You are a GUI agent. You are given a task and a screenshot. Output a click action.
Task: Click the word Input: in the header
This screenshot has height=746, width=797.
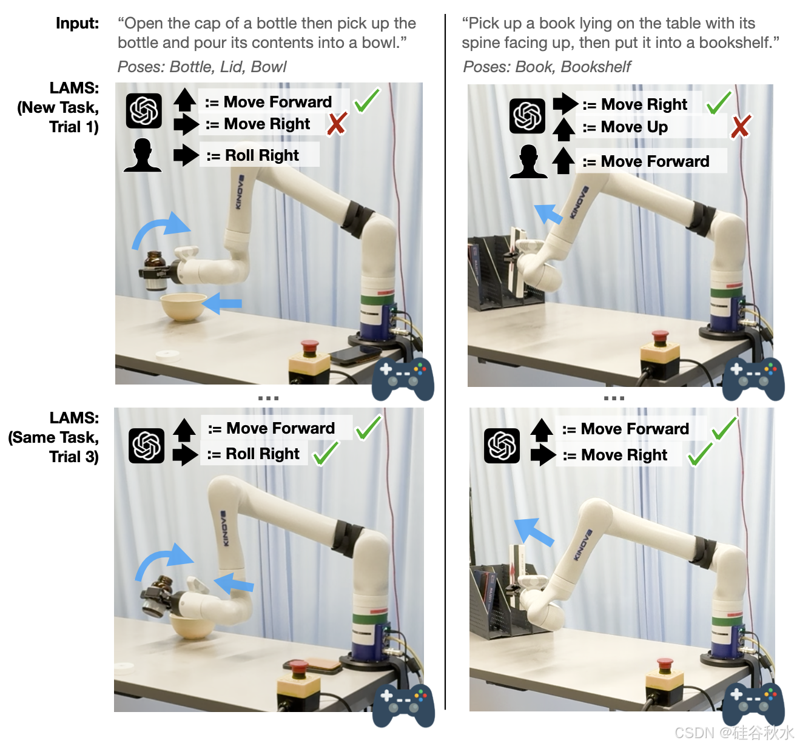pyautogui.click(x=77, y=24)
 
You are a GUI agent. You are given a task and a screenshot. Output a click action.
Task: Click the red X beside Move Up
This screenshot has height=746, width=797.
pyautogui.click(x=740, y=127)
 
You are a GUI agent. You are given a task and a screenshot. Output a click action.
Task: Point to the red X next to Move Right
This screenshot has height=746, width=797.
pyautogui.click(x=337, y=124)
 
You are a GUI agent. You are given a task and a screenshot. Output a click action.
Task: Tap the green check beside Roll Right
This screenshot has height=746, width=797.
pyautogui.click(x=326, y=454)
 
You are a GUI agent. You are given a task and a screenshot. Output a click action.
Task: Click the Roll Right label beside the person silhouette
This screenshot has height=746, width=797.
pyautogui.click(x=261, y=155)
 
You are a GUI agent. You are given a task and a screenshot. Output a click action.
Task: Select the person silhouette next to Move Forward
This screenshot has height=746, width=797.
pyautogui.click(x=528, y=162)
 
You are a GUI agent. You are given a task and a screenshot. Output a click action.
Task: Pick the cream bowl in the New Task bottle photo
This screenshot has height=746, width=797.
pyautogui.click(x=183, y=307)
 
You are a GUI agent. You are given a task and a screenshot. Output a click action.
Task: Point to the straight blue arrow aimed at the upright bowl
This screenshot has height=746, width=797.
pyautogui.click(x=223, y=303)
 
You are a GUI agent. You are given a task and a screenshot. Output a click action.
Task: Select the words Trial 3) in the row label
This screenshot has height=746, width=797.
pyautogui.click(x=73, y=457)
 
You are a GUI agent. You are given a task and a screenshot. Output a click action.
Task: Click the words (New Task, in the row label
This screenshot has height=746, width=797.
pyautogui.click(x=58, y=107)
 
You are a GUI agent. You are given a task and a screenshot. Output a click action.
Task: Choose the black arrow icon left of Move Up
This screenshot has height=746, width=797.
pyautogui.click(x=564, y=127)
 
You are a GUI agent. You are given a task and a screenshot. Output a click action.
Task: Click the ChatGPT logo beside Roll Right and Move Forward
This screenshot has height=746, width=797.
pyautogui.click(x=146, y=446)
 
